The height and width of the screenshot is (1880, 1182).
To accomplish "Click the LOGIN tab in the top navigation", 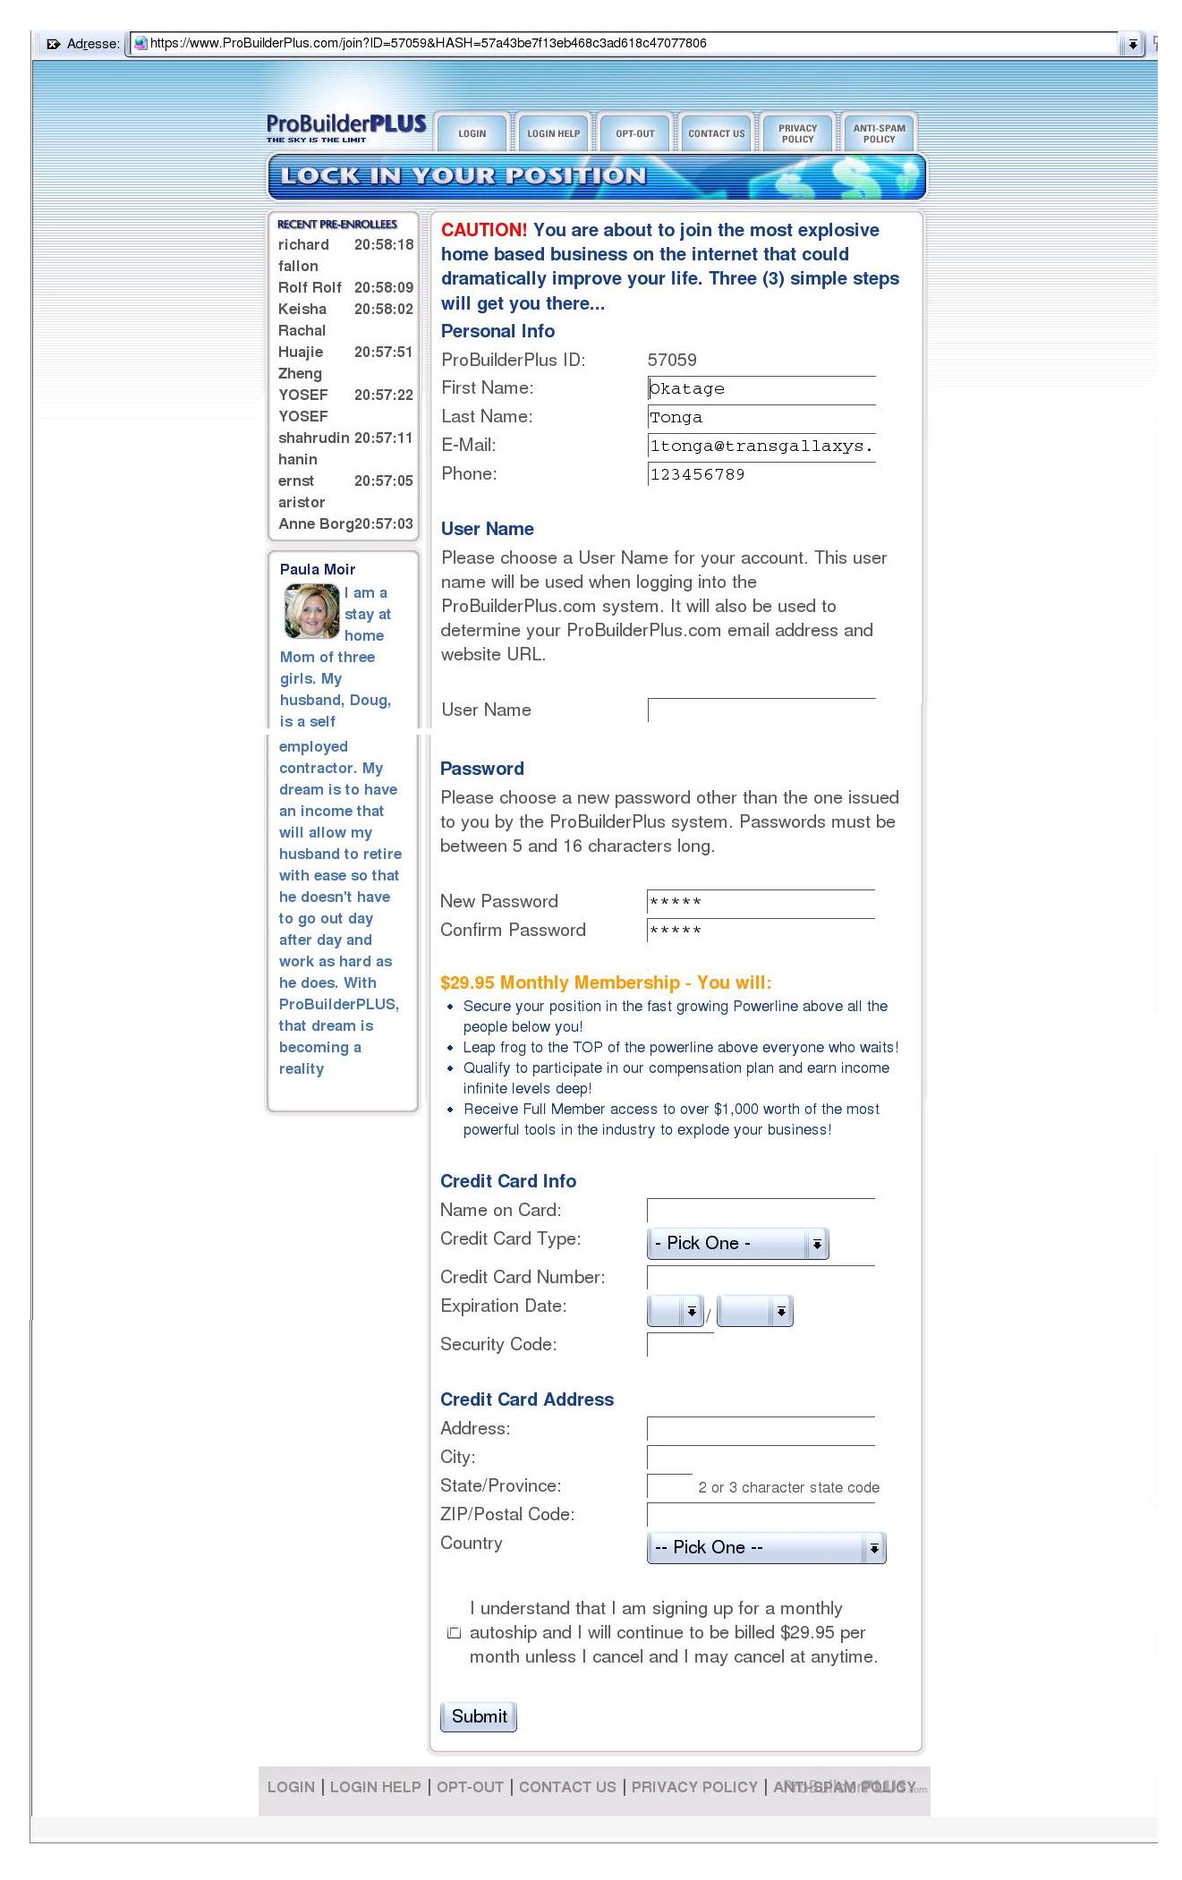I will pyautogui.click(x=472, y=133).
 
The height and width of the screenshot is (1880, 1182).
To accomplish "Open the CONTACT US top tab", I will pyautogui.click(x=716, y=133).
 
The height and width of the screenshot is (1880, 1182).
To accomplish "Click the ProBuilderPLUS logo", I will pyautogui.click(x=345, y=127).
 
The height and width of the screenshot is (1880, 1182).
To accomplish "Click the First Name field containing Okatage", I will pyautogui.click(x=761, y=388).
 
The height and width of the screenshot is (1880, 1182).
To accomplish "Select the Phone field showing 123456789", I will pyautogui.click(x=761, y=474).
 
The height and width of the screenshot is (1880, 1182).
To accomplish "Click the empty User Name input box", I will pyautogui.click(x=761, y=710).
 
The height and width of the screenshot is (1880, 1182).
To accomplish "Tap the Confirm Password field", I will pyautogui.click(x=761, y=931).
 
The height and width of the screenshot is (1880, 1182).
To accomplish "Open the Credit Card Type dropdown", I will pyautogui.click(x=737, y=1244).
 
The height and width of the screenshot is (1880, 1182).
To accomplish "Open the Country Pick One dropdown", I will pyautogui.click(x=766, y=1548).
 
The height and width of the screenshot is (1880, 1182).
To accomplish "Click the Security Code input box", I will pyautogui.click(x=680, y=1345).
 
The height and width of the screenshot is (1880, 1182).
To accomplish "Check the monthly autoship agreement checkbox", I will pyautogui.click(x=454, y=1633).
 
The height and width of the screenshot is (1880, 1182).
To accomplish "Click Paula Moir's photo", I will pyautogui.click(x=311, y=611).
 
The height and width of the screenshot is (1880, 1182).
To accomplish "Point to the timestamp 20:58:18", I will pyautogui.click(x=384, y=244).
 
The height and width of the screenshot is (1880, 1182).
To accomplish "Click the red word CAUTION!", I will pyautogui.click(x=484, y=230).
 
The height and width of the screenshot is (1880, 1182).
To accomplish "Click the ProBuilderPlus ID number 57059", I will pyautogui.click(x=672, y=360).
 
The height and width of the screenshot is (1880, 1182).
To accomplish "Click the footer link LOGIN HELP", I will pyautogui.click(x=375, y=1787).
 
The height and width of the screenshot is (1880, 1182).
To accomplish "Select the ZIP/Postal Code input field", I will pyautogui.click(x=761, y=1515).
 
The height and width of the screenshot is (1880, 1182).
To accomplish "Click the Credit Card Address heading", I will pyautogui.click(x=527, y=1399).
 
